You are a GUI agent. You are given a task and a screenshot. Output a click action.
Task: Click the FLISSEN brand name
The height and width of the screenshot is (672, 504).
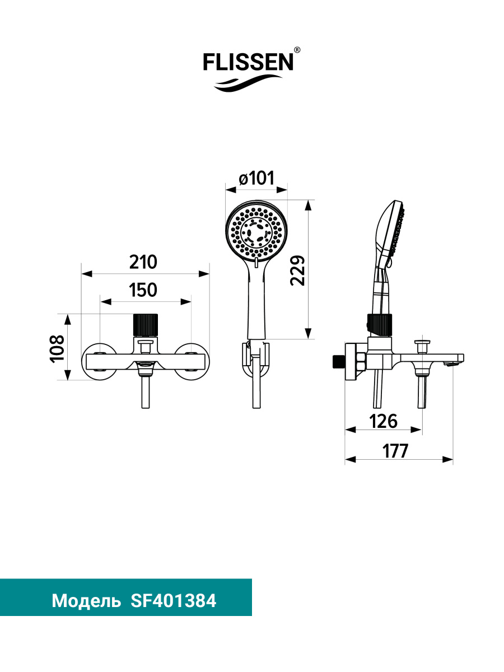point(248,62)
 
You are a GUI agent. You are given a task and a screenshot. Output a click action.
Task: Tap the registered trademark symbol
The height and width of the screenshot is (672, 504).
point(297,50)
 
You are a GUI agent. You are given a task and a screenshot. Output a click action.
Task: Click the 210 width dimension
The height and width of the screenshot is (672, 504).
point(143,262)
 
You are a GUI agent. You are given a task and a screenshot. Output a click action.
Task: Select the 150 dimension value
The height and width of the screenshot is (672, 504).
point(143,290)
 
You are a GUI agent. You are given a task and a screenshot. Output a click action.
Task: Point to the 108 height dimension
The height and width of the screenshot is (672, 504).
point(57,349)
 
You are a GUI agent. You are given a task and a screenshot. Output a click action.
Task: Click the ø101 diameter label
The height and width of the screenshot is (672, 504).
point(256,178)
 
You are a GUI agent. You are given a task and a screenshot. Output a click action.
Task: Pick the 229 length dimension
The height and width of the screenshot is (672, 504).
point(298,270)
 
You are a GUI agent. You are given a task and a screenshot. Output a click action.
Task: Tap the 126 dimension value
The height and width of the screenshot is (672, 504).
point(383,421)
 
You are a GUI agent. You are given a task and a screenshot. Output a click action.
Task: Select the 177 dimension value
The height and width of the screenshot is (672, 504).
point(395,451)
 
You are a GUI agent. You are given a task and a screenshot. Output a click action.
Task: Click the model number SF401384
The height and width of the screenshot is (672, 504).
point(173,601)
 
